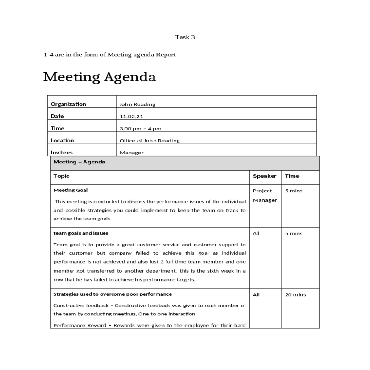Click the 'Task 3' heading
tap(185, 37)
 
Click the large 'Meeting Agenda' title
tap(100, 77)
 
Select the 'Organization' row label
tap(68, 104)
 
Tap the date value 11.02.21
tap(131, 117)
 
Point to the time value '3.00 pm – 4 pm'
tap(140, 129)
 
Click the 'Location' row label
tap(62, 141)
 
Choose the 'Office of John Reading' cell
tap(150, 141)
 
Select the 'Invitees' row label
tap(62, 153)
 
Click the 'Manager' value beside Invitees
tap(132, 153)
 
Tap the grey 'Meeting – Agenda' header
tap(80, 162)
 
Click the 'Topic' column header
tap(62, 176)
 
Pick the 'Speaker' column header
tap(265, 176)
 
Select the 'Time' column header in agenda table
tap(292, 176)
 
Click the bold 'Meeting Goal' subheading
tap(71, 190)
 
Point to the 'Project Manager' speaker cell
tap(265, 195)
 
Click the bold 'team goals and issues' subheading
tap(81, 233)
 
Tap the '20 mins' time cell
tap(295, 295)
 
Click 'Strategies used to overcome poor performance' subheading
tap(113, 294)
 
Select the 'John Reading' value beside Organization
tap(138, 104)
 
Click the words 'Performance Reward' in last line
tap(80, 325)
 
